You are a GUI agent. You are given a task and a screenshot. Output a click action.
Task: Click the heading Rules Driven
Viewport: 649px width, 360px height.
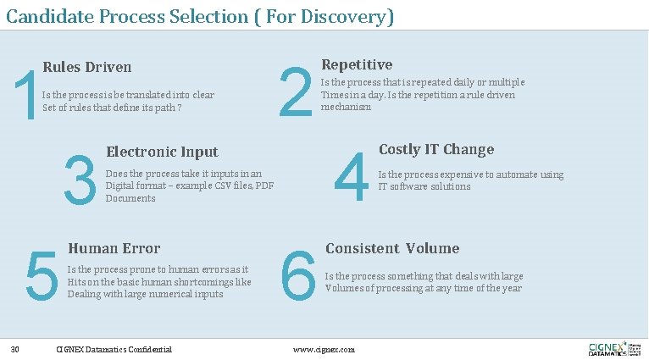tap(86, 67)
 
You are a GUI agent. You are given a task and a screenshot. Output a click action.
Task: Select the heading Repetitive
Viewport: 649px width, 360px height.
tap(357, 64)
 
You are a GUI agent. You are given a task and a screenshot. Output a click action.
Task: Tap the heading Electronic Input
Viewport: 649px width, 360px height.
tap(162, 152)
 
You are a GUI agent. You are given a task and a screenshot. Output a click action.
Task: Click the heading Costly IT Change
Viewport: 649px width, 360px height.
tap(435, 149)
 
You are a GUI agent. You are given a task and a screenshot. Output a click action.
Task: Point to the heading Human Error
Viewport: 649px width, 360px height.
tap(114, 248)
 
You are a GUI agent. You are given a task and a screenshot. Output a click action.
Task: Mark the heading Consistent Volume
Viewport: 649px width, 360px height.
tap(392, 248)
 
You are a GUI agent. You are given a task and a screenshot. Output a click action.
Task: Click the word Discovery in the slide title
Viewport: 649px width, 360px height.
tap(343, 16)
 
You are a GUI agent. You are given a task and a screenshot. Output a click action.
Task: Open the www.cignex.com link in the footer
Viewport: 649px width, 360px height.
tap(324, 349)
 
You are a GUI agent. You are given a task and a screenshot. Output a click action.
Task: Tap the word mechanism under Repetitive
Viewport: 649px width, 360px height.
tap(346, 107)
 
